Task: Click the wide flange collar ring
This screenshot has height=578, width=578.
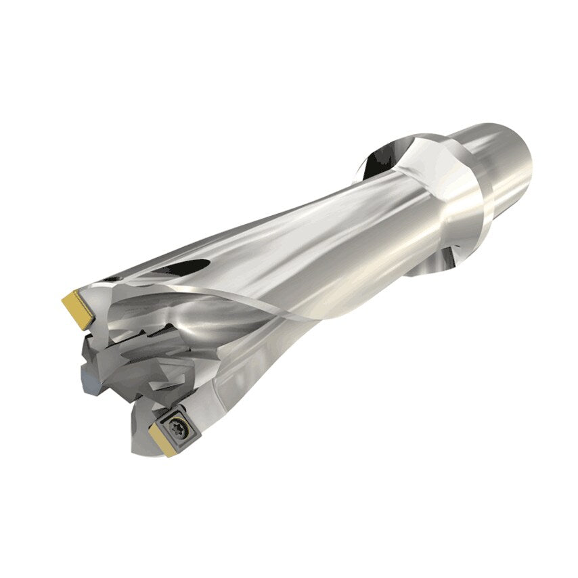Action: [440, 196]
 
